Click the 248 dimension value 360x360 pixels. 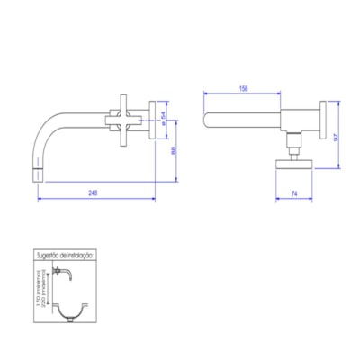[94, 192]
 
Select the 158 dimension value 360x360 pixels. [243, 88]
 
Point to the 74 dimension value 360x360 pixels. [296, 192]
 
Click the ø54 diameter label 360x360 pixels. [164, 115]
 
